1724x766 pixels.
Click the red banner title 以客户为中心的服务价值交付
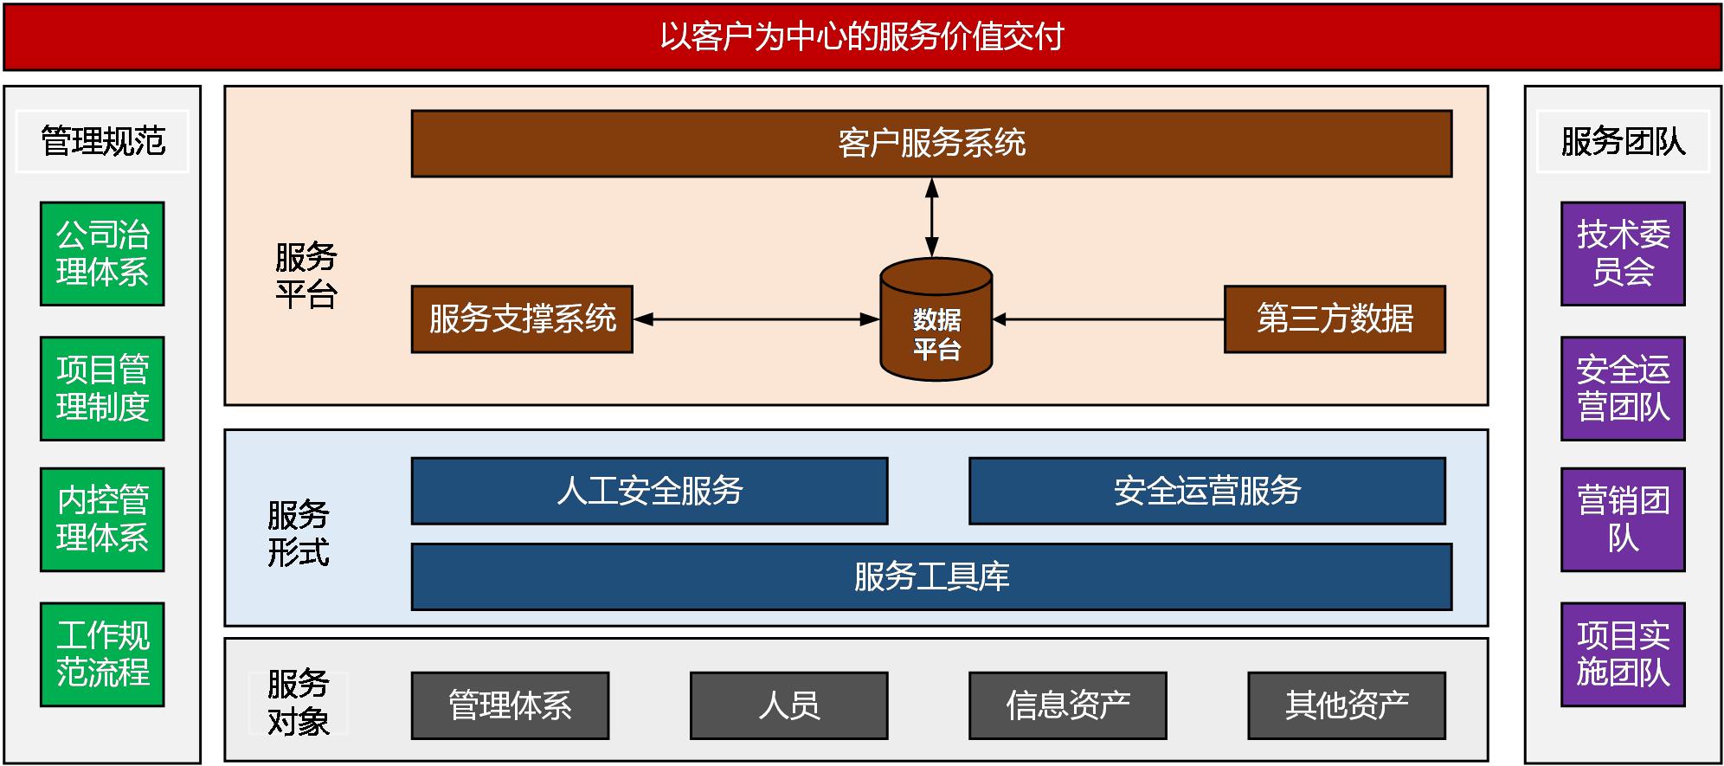(x=862, y=36)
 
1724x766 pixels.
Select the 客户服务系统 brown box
(x=931, y=144)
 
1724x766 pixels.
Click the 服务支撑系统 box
(x=522, y=319)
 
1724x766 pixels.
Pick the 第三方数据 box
(x=1335, y=319)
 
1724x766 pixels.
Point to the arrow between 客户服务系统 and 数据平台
(x=932, y=216)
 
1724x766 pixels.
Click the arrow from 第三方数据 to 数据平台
(x=1108, y=319)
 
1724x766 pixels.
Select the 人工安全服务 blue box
(x=649, y=491)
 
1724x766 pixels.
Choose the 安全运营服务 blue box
(x=1207, y=491)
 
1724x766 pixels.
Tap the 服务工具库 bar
(x=931, y=577)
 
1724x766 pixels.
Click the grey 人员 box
(x=788, y=705)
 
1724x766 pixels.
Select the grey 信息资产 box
(x=1068, y=705)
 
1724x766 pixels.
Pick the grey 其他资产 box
(x=1347, y=705)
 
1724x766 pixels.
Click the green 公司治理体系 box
(x=102, y=254)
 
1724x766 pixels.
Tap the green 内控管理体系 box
(x=102, y=519)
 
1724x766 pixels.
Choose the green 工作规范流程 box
(x=102, y=654)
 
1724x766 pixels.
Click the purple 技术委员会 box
(x=1623, y=254)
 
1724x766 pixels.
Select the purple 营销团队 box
(x=1623, y=519)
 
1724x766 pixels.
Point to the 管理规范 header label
(x=102, y=141)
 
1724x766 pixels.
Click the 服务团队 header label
(x=1623, y=141)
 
